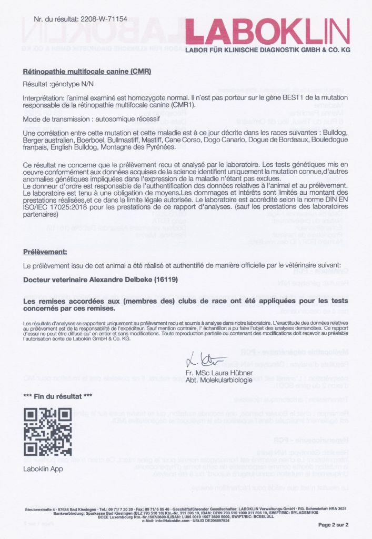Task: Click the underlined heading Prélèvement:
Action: pos(45,252)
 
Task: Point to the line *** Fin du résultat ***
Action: pos(58,396)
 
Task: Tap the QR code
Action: pos(48,433)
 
